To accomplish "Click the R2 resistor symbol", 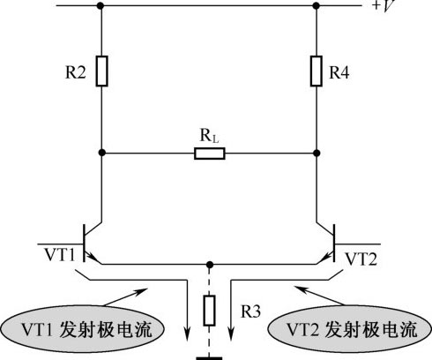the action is (x=101, y=71).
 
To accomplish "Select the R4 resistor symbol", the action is (x=317, y=71).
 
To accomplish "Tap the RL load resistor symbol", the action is (x=210, y=154).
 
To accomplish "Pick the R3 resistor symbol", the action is (x=209, y=311).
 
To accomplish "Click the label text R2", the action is (x=76, y=72).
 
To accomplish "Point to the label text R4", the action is (x=339, y=72).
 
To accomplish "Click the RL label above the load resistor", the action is (x=209, y=136).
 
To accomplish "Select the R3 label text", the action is (x=250, y=311).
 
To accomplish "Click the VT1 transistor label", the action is (x=60, y=255).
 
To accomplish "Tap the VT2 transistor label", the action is (x=361, y=259).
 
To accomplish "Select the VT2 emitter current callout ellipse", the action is (x=349, y=329).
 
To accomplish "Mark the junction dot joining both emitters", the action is (x=209, y=265).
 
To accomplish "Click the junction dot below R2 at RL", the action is (x=101, y=153).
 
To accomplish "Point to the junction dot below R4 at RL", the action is (x=317, y=153).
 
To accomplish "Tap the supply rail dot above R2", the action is (x=101, y=5).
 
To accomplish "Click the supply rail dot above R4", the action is (x=317, y=5).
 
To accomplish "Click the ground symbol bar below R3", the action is (x=209, y=358).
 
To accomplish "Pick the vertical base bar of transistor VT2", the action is (x=334, y=243).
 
